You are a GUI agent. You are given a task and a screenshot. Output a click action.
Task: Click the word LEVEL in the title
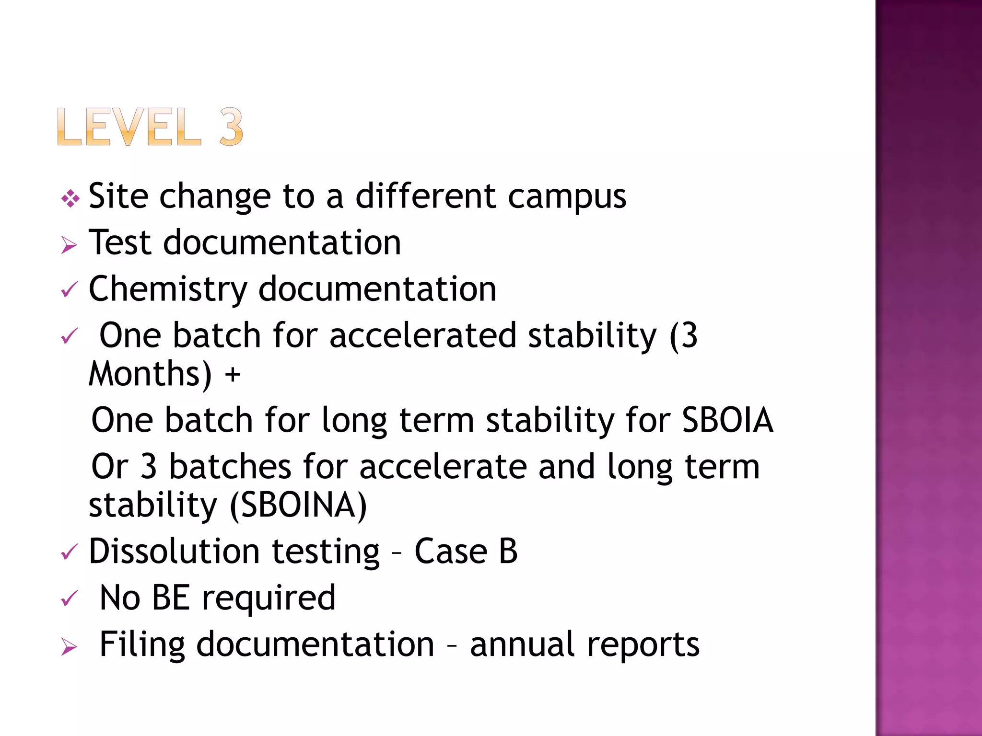click(x=129, y=127)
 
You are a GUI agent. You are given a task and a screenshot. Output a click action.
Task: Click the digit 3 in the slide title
click(x=231, y=127)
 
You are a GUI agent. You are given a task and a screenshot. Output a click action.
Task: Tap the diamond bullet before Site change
click(x=70, y=198)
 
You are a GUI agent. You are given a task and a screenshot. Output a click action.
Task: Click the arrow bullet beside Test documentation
click(x=69, y=245)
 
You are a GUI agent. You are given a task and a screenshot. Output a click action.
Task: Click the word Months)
click(x=150, y=374)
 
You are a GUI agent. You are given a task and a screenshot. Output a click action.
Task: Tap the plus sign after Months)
click(x=233, y=374)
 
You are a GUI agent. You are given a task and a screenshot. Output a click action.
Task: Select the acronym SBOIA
click(x=727, y=420)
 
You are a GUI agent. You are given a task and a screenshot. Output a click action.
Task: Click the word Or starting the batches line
click(x=110, y=467)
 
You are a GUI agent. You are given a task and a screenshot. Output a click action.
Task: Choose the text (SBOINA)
click(x=298, y=505)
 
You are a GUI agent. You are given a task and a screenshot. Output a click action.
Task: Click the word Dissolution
click(x=175, y=551)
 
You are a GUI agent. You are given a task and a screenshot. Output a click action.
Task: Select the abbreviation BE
click(x=171, y=598)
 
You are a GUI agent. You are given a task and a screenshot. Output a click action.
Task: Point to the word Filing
click(x=142, y=645)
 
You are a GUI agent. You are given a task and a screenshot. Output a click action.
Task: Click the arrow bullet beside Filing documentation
click(x=69, y=647)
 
